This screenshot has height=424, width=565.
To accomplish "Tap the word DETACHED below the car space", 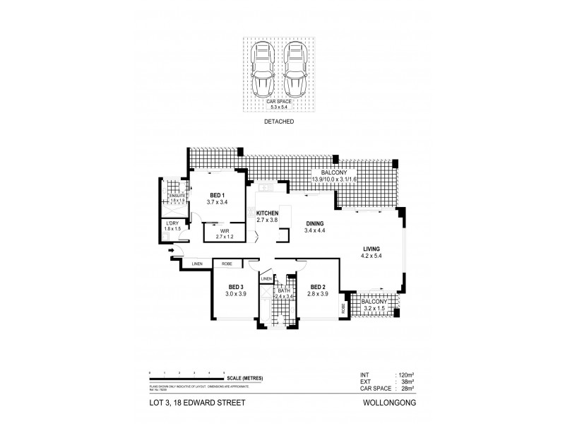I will click(280, 122).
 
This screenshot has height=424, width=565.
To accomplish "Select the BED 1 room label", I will click(217, 195).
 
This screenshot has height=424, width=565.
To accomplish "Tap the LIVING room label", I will click(371, 249).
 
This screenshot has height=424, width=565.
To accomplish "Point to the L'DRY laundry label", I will click(173, 225).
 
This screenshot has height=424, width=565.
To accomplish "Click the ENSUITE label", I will click(178, 196).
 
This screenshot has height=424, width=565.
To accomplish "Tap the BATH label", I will click(284, 290).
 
